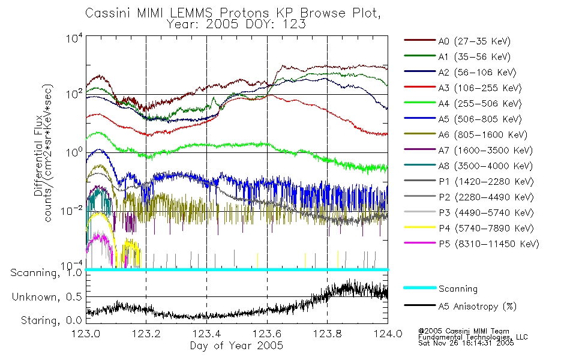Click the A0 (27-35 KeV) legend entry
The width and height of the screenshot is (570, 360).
457,41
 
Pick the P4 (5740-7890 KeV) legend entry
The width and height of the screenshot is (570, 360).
469,229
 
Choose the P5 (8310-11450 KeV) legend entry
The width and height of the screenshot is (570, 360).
472,244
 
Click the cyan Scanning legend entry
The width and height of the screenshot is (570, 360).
440,289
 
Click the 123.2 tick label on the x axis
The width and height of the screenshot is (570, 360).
146,334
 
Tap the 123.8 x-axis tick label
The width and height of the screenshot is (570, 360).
327,334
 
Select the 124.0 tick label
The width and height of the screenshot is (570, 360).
388,334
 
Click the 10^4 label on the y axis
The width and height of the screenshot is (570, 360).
74,38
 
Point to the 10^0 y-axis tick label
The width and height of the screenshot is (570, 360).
74,152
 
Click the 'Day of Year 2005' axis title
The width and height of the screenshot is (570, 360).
236,346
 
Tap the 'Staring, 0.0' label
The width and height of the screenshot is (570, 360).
51,320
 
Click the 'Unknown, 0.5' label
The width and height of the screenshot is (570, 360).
47,297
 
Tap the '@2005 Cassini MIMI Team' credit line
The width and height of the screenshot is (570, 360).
463,331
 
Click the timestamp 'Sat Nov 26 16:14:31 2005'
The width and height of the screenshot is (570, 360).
466,343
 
